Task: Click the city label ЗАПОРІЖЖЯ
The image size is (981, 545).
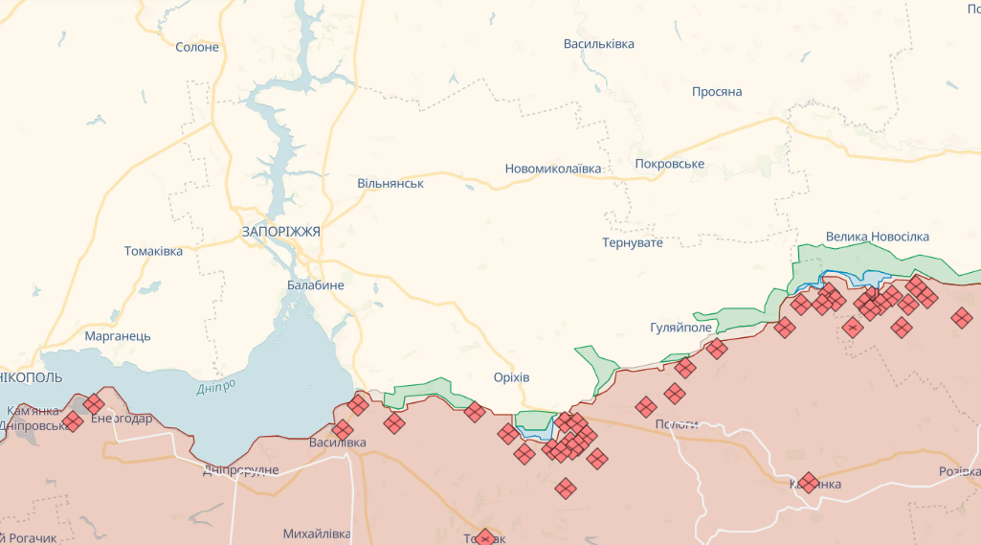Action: pos(280,232)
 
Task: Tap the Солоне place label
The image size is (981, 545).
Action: pos(197,47)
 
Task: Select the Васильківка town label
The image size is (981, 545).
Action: pos(598,44)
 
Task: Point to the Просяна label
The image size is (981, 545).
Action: pos(717,92)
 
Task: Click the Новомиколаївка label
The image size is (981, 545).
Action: pos(553,169)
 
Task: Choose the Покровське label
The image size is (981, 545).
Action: pos(669,164)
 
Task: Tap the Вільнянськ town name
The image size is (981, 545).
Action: pos(390,183)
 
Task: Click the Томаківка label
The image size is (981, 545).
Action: pos(153,251)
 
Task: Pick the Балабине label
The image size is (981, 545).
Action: pos(315,284)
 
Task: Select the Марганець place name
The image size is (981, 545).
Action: pos(118,336)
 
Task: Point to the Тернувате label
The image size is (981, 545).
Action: pos(633,243)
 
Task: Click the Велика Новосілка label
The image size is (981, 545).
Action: pos(877,237)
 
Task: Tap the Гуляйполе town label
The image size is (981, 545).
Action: pos(680,328)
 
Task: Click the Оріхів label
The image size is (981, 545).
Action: pos(511,376)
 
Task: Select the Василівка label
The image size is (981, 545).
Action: pos(337,443)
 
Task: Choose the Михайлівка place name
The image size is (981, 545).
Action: pos(317,534)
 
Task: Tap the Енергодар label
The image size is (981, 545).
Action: pos(121,419)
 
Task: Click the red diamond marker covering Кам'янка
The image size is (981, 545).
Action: pos(808,482)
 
